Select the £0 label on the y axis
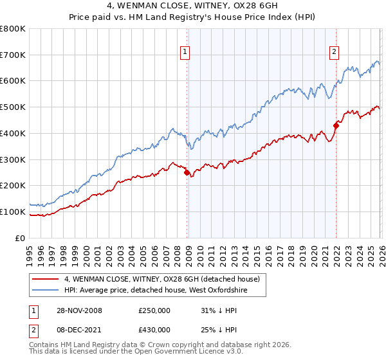(x=21, y=238)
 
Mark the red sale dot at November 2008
(x=187, y=172)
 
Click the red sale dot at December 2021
(x=336, y=125)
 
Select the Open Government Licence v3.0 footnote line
(x=126, y=352)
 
